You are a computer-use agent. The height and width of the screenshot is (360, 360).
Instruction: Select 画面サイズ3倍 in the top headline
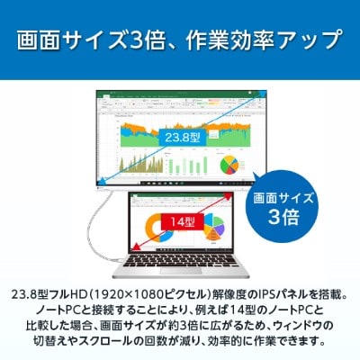pos(90,40)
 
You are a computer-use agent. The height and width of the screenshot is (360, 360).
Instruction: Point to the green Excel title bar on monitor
pos(180,96)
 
